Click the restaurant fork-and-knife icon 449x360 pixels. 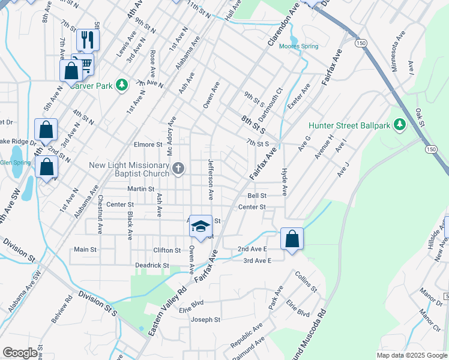tap(88, 40)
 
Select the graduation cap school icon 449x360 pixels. tap(201, 226)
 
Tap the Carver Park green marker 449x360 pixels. tap(122, 85)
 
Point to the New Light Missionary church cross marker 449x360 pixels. tap(178, 169)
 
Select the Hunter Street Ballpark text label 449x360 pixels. tap(349, 125)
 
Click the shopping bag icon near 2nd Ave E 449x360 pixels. tap(292, 239)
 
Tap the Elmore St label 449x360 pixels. tap(148, 145)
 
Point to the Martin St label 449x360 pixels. tap(141, 189)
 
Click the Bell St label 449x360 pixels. tap(256, 196)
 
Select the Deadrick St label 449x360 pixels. tap(152, 265)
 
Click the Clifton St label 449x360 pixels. tap(167, 250)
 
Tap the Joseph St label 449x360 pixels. tap(206, 320)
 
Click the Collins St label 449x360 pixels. tap(306, 281)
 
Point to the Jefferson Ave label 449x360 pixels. tap(211, 179)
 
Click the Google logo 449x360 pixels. tap(20, 353)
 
